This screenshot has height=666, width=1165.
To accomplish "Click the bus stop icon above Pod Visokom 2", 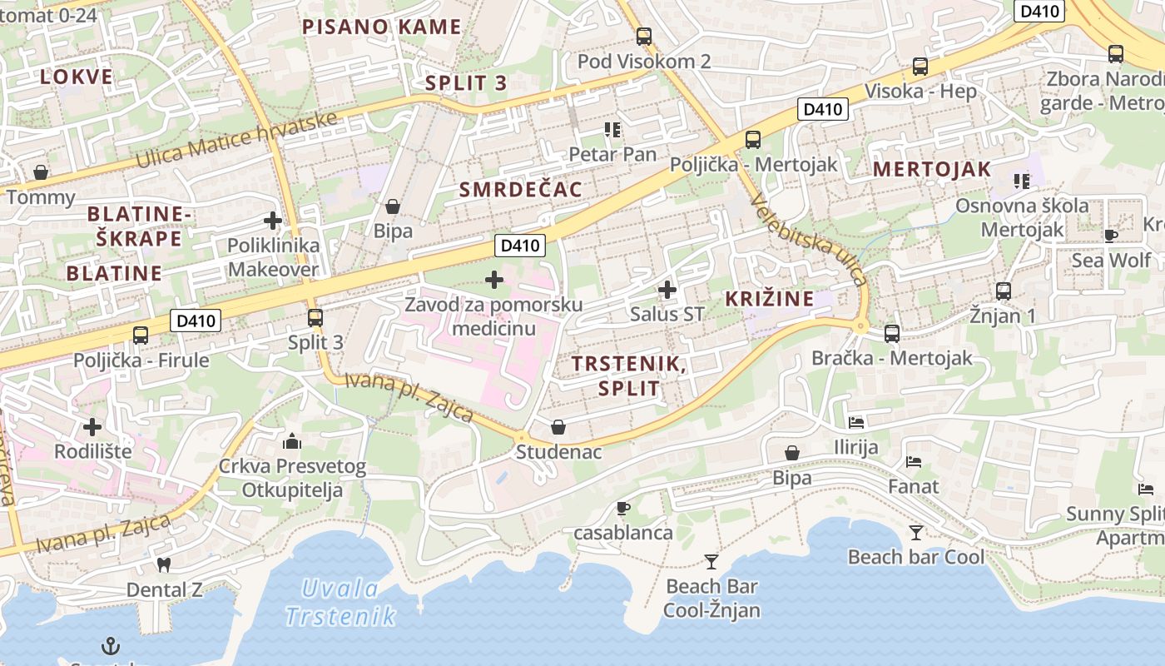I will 643,37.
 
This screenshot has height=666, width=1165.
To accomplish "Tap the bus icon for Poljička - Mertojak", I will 753,140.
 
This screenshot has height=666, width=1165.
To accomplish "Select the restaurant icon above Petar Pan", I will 613,129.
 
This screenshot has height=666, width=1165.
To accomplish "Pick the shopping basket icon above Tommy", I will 40,172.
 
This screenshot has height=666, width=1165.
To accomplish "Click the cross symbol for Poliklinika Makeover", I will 272,221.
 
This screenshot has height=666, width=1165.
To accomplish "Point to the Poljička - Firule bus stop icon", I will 141,335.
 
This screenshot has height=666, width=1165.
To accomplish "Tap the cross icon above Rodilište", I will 92,427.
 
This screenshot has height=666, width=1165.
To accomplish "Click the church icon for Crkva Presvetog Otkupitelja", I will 291,440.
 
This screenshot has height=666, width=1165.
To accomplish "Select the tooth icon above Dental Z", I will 163,564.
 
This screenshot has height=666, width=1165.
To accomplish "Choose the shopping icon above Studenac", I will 558,427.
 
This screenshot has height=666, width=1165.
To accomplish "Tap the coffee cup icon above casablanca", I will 622,508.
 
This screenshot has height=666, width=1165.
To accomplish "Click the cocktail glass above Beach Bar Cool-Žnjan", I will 711,561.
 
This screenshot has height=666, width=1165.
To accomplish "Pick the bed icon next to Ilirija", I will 856,423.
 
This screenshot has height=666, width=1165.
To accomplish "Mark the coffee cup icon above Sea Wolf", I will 1110,236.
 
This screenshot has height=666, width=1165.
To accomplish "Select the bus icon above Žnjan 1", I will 1004,291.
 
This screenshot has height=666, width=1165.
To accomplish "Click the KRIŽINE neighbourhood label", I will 769,299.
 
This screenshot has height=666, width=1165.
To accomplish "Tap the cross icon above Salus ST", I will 667,290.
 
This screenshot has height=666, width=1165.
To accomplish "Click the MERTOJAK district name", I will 932,169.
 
